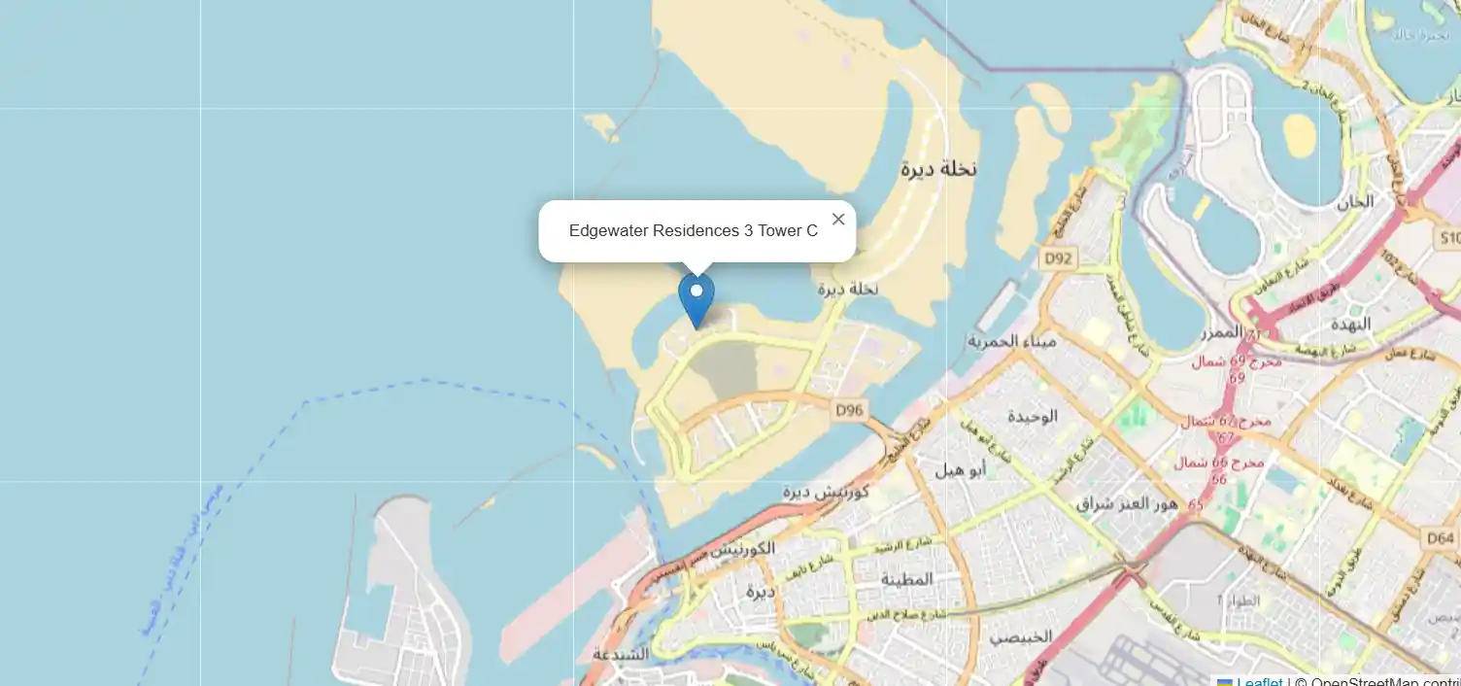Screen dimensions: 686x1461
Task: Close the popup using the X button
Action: click(838, 220)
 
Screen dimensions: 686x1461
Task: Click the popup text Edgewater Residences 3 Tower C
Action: click(693, 231)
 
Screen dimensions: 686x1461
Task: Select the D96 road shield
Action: click(849, 411)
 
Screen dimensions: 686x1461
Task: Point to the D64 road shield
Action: click(1441, 537)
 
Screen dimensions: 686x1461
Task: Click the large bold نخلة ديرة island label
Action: click(937, 169)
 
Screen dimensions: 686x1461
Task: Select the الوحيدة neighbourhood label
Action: click(1032, 416)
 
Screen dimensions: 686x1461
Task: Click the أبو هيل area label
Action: click(961, 470)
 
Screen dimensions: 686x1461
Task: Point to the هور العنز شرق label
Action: click(1127, 503)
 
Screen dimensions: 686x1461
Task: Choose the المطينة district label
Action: click(906, 579)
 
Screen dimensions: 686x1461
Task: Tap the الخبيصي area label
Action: click(1021, 637)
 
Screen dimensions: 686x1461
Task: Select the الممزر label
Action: click(1221, 332)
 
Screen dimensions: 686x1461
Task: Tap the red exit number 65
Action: click(1195, 505)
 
